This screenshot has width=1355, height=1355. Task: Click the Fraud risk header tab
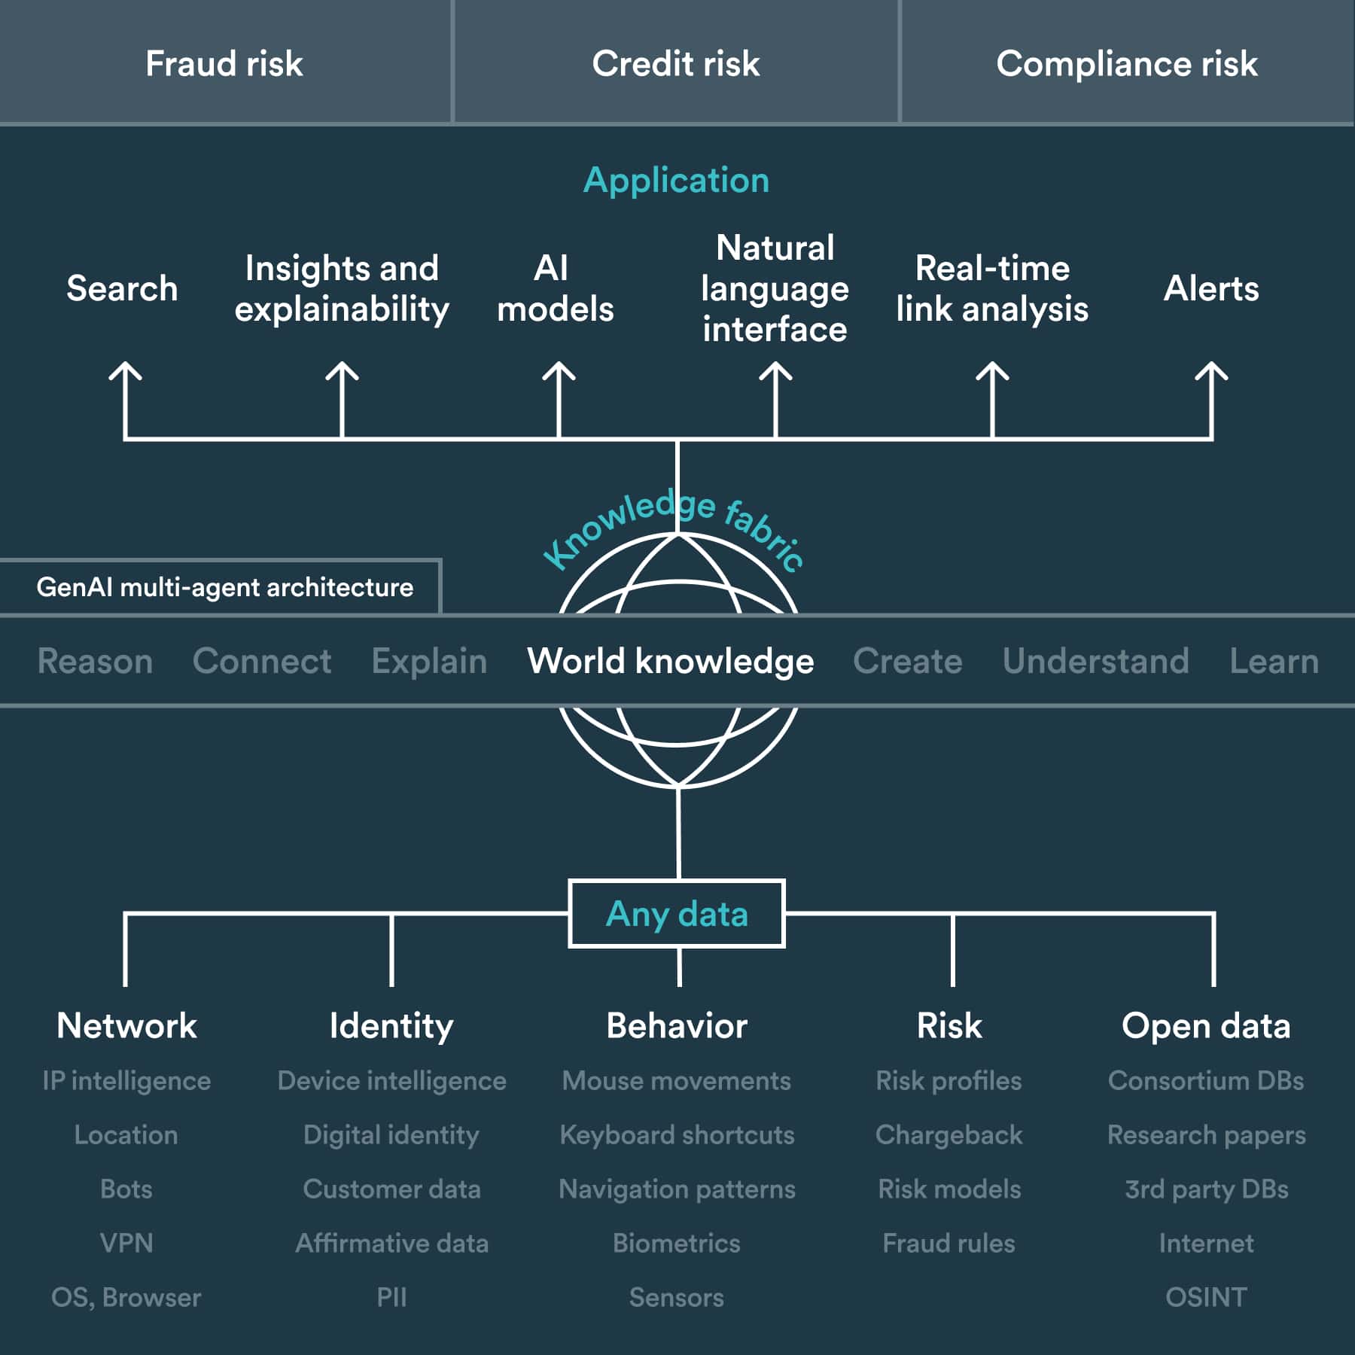[224, 63]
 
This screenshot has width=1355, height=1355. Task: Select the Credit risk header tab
[675, 63]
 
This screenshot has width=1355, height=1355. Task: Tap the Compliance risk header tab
[1126, 63]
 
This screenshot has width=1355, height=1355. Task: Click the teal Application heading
[676, 181]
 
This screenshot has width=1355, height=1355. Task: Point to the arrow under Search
[125, 399]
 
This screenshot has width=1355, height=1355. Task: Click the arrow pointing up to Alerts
[1211, 399]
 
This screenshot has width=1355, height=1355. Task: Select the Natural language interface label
[775, 288]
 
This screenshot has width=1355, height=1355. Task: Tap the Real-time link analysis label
[992, 288]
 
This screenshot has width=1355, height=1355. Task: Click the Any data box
[677, 914]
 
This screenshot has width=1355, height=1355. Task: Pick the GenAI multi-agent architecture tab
[224, 587]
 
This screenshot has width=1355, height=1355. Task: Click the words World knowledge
[670, 661]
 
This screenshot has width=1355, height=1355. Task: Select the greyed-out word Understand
[1095, 661]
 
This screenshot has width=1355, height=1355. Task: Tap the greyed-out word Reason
[95, 661]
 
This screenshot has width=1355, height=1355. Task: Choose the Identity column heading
[391, 1025]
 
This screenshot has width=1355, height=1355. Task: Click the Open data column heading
[1206, 1025]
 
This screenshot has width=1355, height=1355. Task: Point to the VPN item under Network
[126, 1243]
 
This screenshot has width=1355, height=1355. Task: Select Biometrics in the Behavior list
[676, 1243]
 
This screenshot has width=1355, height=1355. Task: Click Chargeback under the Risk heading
[948, 1134]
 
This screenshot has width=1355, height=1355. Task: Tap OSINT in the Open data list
[1206, 1297]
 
